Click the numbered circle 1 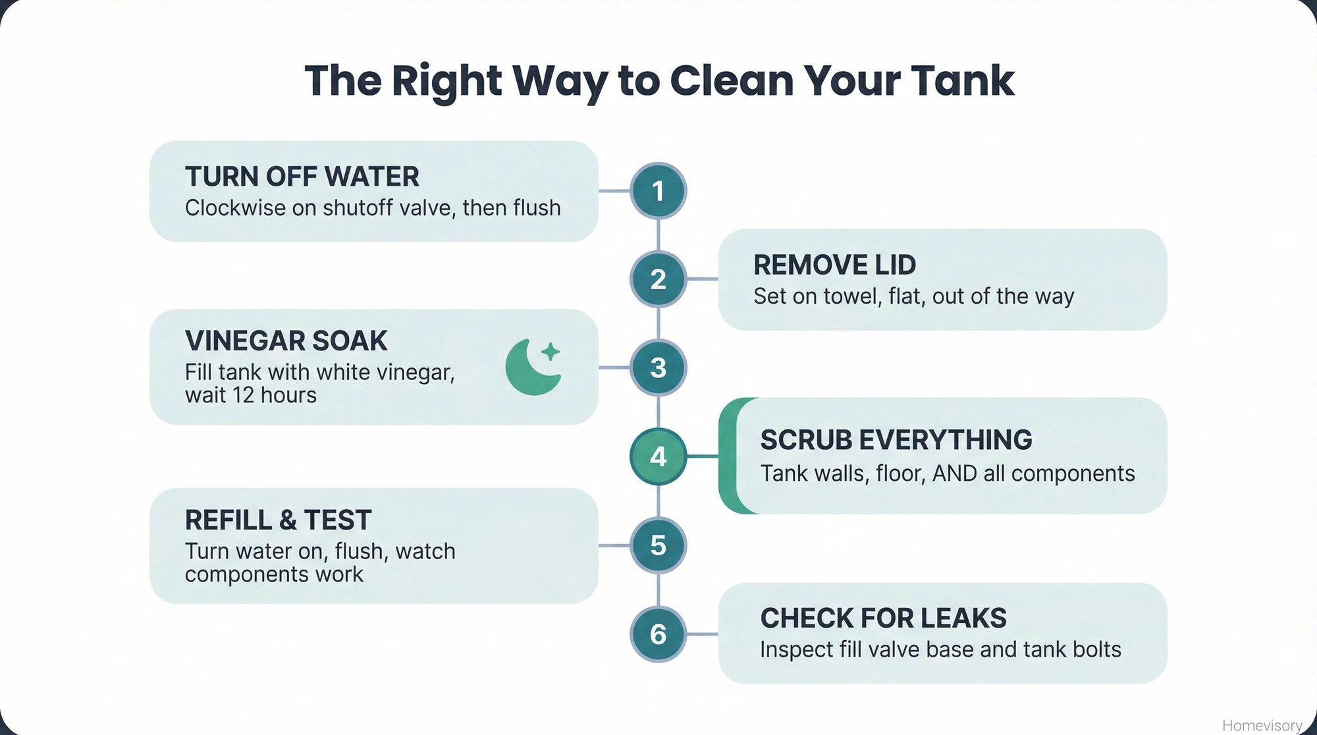(658, 191)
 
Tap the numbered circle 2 (658, 279)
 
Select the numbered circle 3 (658, 367)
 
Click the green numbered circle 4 (658, 456)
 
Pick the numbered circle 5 (658, 545)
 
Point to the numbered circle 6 (658, 634)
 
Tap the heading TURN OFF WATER (302, 177)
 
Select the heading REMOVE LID (834, 265)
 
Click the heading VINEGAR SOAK (286, 341)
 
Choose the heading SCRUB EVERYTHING (896, 440)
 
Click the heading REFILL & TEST (278, 520)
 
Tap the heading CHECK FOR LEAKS (883, 618)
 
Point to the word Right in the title (447, 81)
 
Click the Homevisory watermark (1262, 725)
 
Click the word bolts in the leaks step (1096, 649)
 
